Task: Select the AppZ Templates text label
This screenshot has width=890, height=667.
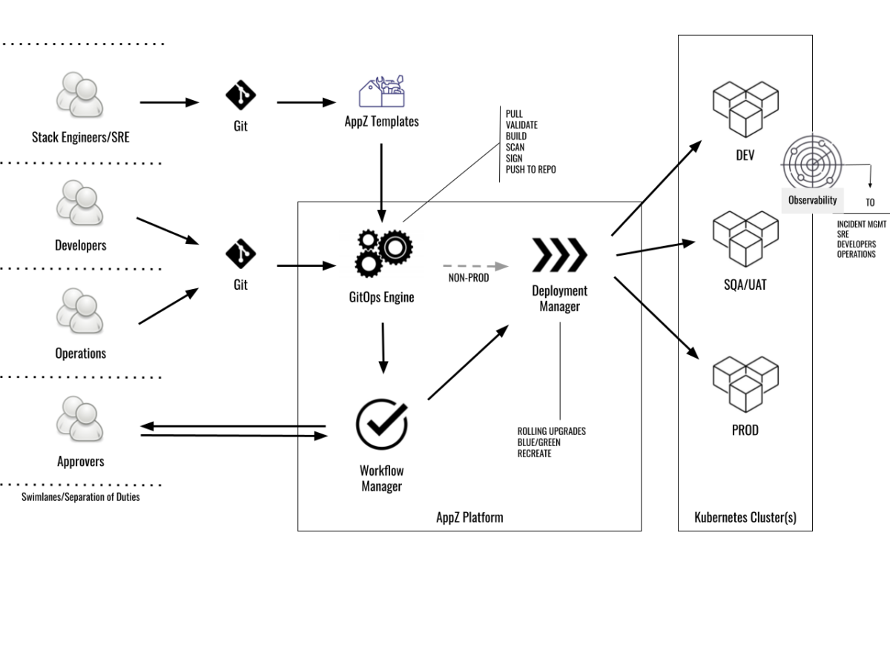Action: coord(382,122)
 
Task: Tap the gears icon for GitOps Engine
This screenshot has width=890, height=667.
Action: coord(381,252)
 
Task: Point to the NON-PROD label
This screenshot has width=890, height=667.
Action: coord(469,279)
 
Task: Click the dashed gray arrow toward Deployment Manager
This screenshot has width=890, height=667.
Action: coord(475,265)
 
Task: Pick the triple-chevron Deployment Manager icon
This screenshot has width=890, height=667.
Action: coord(560,256)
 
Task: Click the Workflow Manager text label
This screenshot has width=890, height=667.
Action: coord(381,479)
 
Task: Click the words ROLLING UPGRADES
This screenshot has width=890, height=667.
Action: coord(551,431)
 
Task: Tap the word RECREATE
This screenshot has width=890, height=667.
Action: coord(534,454)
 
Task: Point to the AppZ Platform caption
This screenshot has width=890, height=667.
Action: coord(469,517)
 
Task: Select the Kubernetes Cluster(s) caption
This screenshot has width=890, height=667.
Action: coord(745,517)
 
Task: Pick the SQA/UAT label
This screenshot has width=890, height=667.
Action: coord(745,285)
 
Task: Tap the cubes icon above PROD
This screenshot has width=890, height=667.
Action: coord(745,384)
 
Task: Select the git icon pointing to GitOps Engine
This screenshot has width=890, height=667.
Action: coord(240,253)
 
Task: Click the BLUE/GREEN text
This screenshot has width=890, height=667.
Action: coord(538,442)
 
